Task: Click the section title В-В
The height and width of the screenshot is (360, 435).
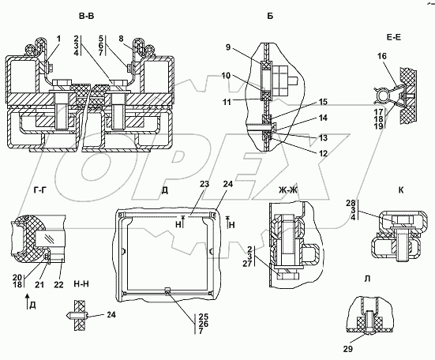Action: (x=86, y=17)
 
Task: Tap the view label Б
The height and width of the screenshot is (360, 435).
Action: (x=270, y=17)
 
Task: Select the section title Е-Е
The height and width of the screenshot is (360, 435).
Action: (x=393, y=37)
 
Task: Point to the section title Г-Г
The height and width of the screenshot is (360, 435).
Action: (x=40, y=190)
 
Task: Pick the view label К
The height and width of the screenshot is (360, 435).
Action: (x=401, y=190)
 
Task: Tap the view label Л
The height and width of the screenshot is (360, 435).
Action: (x=367, y=279)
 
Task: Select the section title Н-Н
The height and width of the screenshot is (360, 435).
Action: (x=81, y=283)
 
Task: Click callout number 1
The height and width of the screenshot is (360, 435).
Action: (x=58, y=39)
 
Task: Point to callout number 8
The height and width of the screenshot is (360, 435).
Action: (x=121, y=39)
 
